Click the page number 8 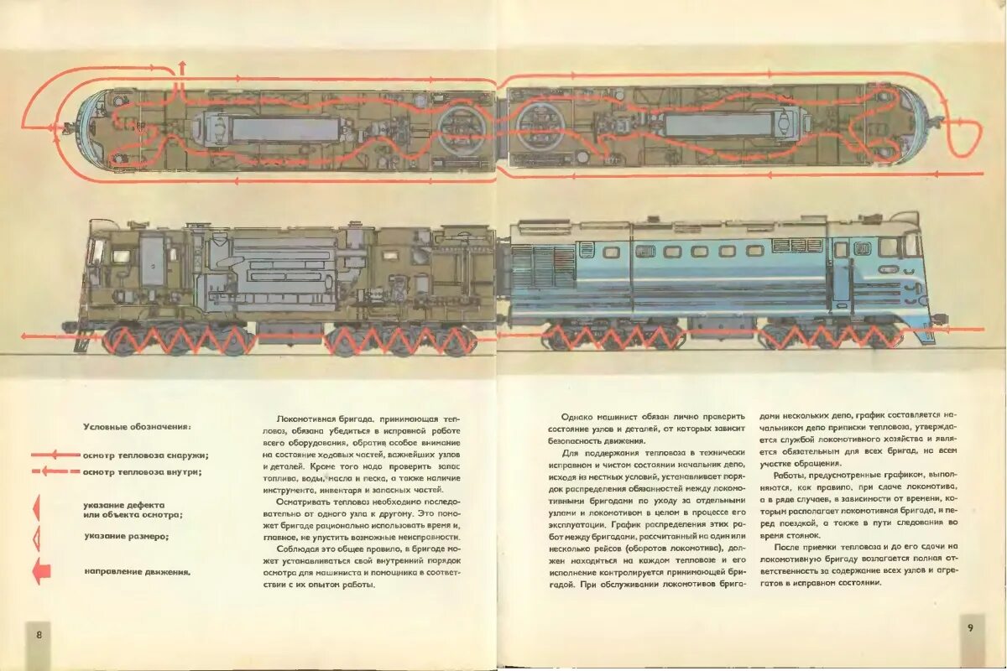39,634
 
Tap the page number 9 970,627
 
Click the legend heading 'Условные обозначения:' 136,426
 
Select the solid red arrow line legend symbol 55,455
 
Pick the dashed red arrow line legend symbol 55,471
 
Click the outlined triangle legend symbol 36,537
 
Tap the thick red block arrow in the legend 41,572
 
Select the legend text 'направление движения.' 137,572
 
